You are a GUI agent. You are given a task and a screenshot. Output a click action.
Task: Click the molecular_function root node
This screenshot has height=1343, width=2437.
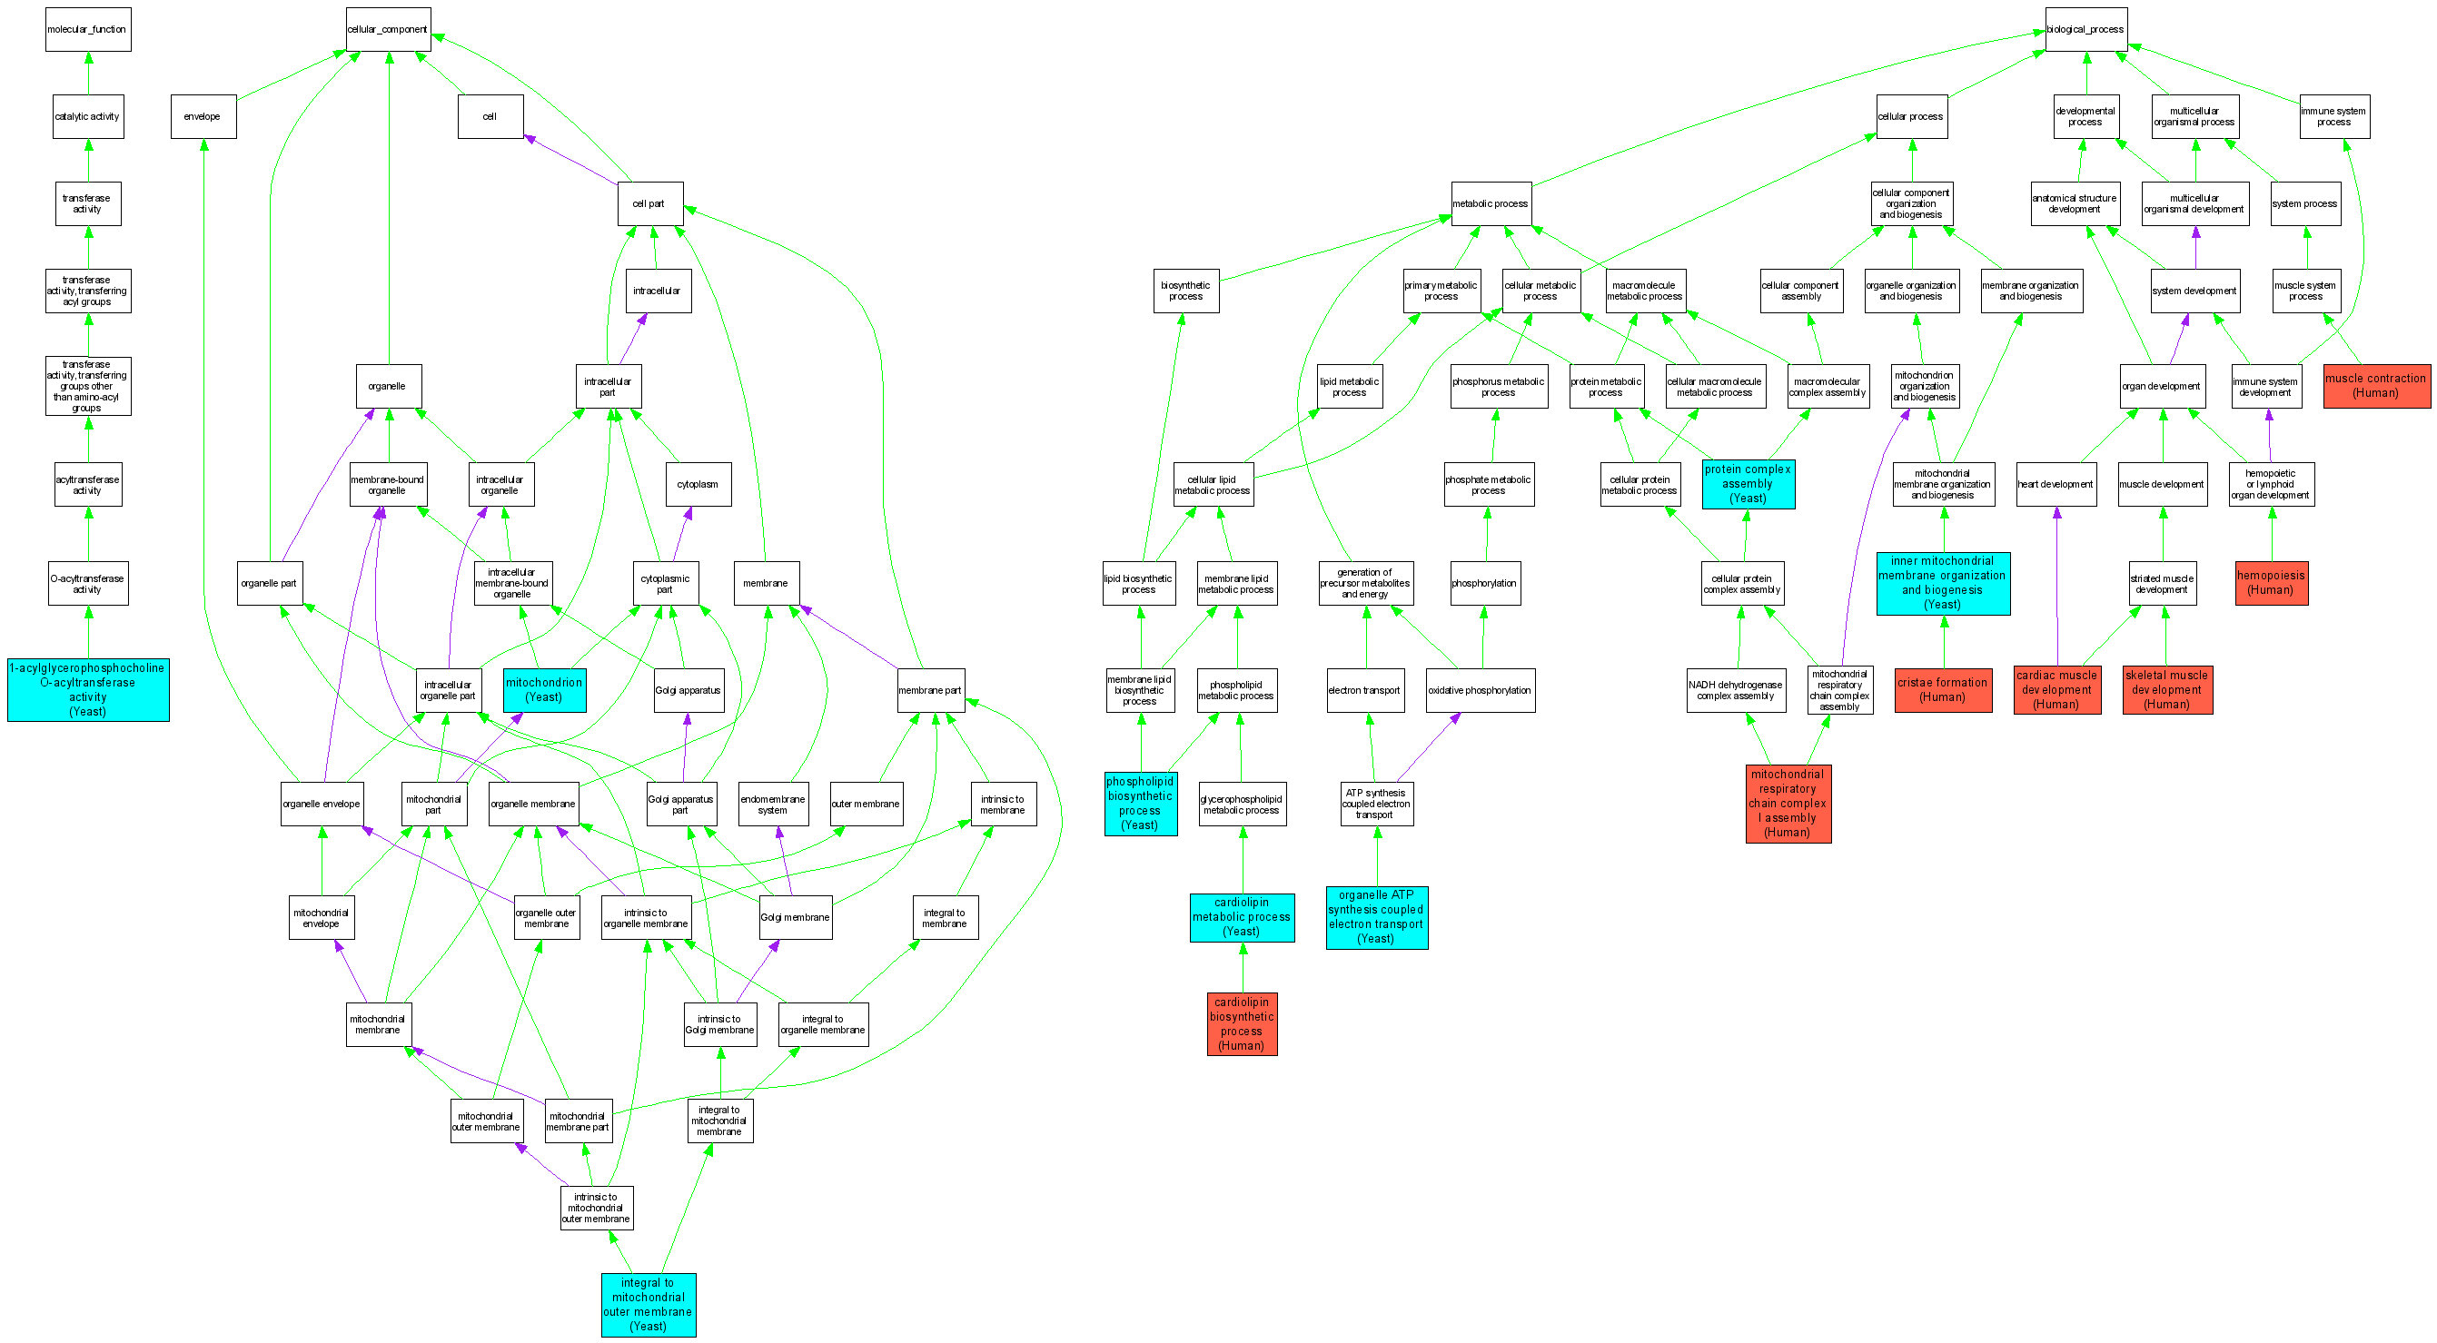[88, 29]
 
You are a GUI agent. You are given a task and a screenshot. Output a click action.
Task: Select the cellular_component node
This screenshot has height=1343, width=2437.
[388, 29]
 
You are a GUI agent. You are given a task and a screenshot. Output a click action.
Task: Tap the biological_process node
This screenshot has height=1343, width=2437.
[2085, 29]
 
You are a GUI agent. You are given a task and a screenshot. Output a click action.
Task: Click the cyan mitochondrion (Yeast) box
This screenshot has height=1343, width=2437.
[544, 689]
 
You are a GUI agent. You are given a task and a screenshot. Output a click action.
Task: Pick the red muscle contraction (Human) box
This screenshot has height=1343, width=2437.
[2375, 386]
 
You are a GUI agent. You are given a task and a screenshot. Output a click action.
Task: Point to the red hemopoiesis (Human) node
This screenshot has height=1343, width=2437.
[2271, 583]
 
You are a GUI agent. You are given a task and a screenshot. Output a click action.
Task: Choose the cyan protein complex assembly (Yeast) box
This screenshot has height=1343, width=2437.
[1748, 484]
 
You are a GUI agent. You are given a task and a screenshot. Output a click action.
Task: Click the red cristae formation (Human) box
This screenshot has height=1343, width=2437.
[1942, 689]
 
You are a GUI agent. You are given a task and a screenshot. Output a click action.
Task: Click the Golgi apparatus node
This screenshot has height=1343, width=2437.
[688, 690]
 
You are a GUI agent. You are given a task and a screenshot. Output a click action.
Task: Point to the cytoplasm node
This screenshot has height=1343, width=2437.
[698, 484]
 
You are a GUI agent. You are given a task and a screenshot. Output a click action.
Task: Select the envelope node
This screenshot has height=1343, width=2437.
[203, 116]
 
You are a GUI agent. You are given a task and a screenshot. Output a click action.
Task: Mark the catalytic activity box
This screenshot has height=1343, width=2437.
[88, 116]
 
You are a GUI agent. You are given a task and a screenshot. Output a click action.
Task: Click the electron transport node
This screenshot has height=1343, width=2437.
[1364, 690]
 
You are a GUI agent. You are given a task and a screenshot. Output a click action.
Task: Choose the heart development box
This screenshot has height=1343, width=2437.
[2056, 484]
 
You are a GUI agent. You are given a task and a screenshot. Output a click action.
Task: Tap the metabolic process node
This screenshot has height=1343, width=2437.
[1490, 203]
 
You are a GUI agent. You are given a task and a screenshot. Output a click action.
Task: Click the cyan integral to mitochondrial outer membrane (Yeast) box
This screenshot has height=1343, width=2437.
[648, 1304]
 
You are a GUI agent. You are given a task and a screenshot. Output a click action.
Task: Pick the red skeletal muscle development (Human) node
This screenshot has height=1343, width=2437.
[2166, 689]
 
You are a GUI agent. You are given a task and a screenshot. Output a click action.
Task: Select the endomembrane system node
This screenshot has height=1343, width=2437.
[773, 804]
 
